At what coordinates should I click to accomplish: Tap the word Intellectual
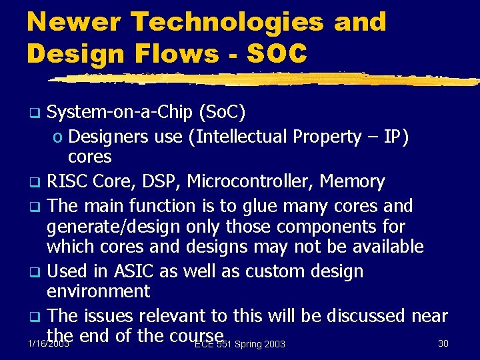240,137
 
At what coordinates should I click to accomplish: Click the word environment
98,291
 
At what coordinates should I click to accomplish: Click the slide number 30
443,343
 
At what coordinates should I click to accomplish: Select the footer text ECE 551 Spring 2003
240,344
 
